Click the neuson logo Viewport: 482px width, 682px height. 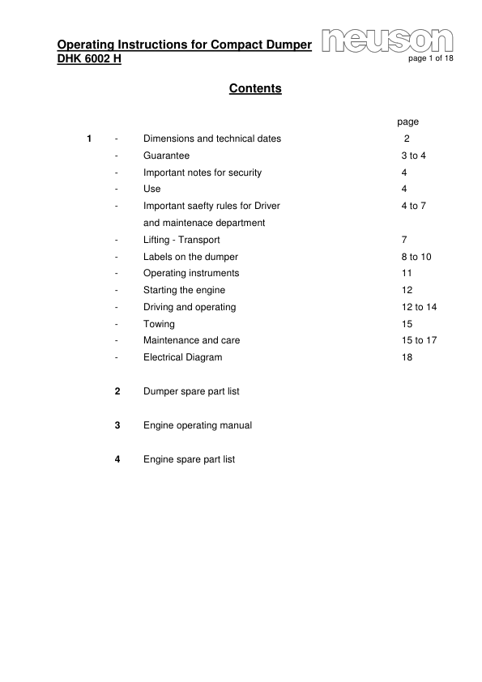click(386, 40)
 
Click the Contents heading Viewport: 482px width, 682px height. click(255, 88)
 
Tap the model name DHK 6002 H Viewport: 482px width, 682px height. click(89, 59)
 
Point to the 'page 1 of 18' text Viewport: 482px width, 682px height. click(431, 59)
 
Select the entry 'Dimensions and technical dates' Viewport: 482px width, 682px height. click(212, 139)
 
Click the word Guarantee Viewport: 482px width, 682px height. click(166, 156)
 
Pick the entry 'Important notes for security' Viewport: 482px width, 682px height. click(203, 173)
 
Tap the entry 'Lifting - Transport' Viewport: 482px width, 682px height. click(181, 240)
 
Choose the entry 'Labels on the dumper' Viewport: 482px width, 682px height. click(190, 257)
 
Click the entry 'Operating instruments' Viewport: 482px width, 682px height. click(191, 273)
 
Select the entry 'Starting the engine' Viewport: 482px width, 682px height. click(184, 290)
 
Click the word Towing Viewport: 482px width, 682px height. click(159, 323)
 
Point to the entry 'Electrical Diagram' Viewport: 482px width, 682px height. click(182, 357)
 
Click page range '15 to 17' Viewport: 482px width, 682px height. click(419, 340)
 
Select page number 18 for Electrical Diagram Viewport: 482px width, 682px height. click(407, 357)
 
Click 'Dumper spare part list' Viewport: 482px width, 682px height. click(191, 391)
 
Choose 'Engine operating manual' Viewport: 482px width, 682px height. click(198, 425)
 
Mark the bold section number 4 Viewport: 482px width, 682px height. click(118, 459)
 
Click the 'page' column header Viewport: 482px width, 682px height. click(407, 121)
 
